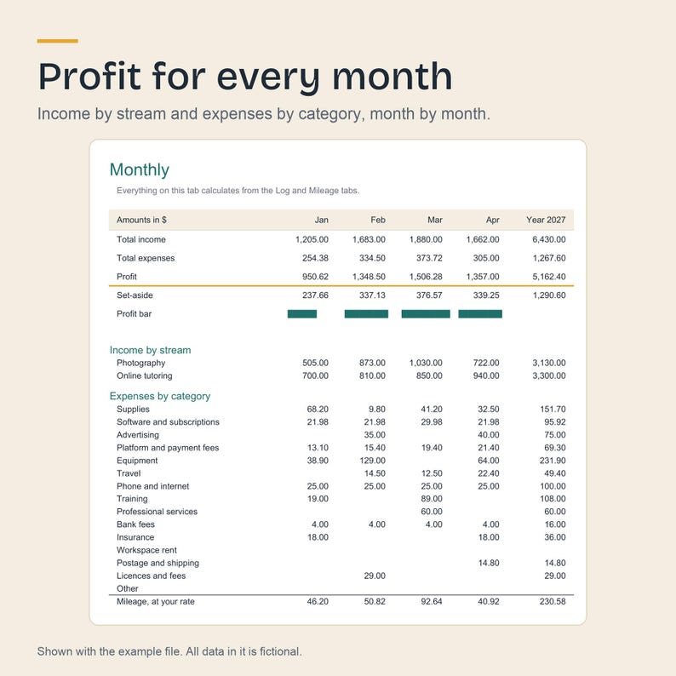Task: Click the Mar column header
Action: point(434,220)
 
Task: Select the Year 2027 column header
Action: point(546,220)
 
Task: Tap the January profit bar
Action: point(302,314)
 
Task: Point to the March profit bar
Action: point(426,314)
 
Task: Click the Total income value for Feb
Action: point(369,239)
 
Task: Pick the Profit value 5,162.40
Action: point(549,277)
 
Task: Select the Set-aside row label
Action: point(135,295)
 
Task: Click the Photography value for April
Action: point(486,363)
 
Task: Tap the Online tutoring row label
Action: point(145,376)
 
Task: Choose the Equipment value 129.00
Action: point(373,461)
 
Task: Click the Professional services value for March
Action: point(432,512)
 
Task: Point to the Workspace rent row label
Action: point(146,550)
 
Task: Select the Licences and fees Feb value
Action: point(375,576)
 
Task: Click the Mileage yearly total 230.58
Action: point(553,601)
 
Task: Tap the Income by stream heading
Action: point(150,350)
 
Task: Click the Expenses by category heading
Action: point(160,396)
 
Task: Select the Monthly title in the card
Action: point(140,170)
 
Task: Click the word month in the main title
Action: point(392,77)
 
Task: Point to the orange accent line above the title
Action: point(57,41)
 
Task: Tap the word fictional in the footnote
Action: point(280,651)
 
